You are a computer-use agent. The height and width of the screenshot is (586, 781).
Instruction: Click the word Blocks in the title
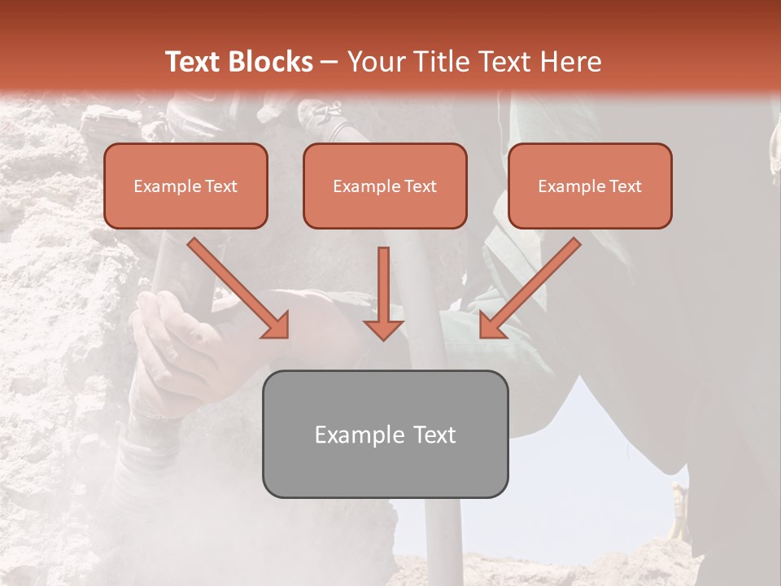270,62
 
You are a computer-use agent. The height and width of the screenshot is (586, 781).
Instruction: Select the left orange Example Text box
185,186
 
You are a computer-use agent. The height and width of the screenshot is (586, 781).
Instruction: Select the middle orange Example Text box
385,186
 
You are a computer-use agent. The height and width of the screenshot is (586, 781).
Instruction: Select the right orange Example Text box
590,186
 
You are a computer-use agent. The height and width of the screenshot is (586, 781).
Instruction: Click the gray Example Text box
385,434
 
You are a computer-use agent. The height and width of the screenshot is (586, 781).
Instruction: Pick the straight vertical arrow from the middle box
383,293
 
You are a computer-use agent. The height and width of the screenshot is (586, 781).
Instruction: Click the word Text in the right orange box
625,186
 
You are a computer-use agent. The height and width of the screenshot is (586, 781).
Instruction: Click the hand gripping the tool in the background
175,342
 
